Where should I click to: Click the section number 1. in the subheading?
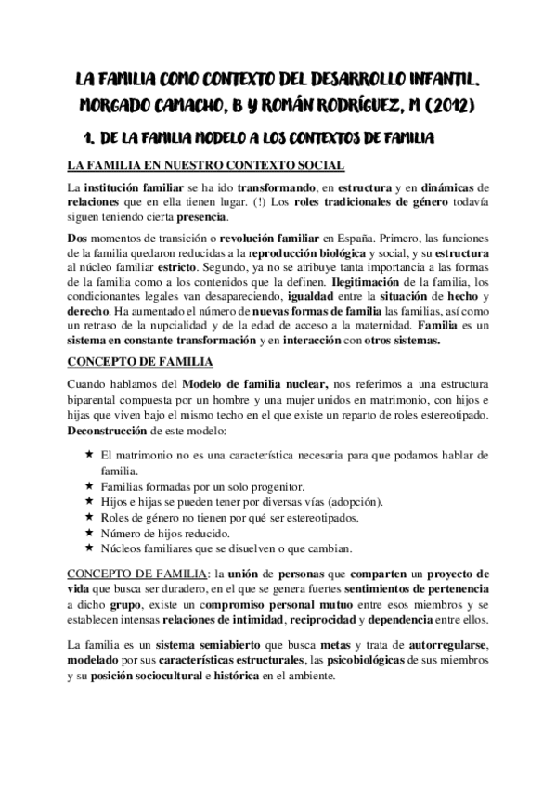91,139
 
